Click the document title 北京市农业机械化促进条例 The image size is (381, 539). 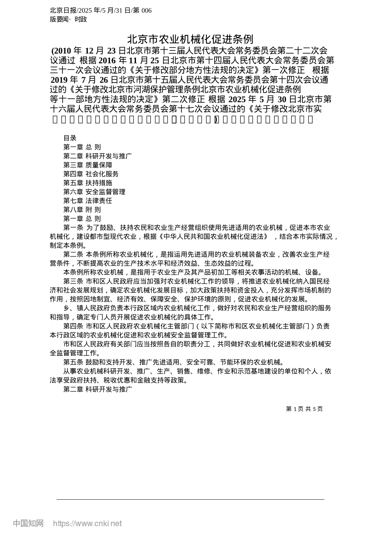pyautogui.click(x=190, y=39)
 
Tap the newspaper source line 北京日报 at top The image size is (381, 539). pyautogui.click(x=101, y=10)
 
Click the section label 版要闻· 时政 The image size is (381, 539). pyautogui.click(x=68, y=19)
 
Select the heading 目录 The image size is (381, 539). pyautogui.click(x=70, y=138)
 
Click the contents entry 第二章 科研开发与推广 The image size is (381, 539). pyautogui.click(x=97, y=156)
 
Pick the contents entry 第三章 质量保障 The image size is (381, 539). pyautogui.click(x=88, y=165)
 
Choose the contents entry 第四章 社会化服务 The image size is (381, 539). pyautogui.click(x=91, y=174)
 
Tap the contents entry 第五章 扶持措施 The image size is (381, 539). pyautogui.click(x=88, y=183)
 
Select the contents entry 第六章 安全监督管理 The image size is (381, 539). pyautogui.click(x=94, y=192)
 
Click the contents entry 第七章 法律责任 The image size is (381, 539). pyautogui.click(x=88, y=201)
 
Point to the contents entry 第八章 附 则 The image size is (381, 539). pyautogui.click(x=82, y=209)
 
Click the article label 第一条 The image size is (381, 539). pyautogui.click(x=73, y=227)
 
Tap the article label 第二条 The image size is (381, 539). pyautogui.click(x=73, y=254)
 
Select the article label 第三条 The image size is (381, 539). pyautogui.click(x=73, y=281)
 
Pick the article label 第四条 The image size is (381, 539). pyautogui.click(x=73, y=326)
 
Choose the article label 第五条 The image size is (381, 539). pyautogui.click(x=73, y=362)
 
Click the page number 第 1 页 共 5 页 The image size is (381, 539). pyautogui.click(x=304, y=409)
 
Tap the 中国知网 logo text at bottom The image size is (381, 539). pyautogui.click(x=28, y=523)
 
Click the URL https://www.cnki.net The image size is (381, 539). pyautogui.click(x=87, y=523)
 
